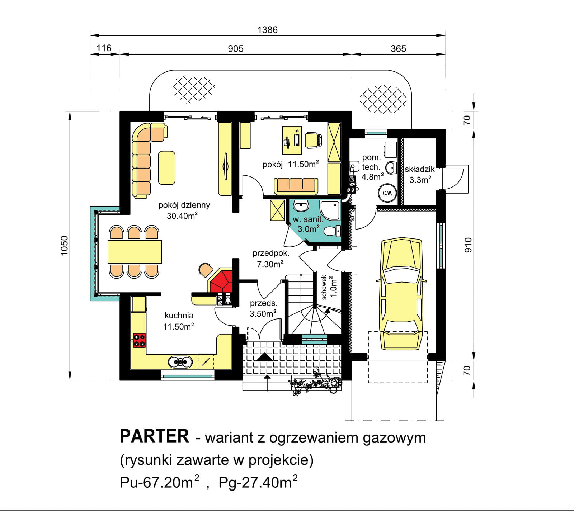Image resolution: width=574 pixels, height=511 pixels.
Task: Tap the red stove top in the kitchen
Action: pos(139,340)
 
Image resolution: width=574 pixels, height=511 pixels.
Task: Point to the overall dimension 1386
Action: pos(267,30)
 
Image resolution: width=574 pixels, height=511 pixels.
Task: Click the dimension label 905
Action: pos(235,48)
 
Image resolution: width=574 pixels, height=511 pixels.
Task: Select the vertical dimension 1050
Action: pos(64,245)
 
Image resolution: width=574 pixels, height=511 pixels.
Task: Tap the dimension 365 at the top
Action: pos(398,48)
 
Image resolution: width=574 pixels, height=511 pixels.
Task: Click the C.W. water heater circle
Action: pos(387,193)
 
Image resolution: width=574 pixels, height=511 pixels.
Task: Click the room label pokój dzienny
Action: pos(184,205)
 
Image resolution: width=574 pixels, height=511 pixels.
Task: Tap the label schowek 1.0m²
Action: pos(329,287)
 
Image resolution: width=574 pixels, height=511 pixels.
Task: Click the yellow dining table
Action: pos(135,252)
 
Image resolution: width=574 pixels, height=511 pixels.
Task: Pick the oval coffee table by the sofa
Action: pos(167,168)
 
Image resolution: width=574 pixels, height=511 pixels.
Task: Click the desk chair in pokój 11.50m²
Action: pos(312,140)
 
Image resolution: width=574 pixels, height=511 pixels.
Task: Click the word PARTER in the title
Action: pos(154,436)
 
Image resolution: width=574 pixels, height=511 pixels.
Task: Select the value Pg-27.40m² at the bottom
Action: pos(258,482)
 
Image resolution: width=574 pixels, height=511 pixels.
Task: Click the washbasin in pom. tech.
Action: pos(391,167)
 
